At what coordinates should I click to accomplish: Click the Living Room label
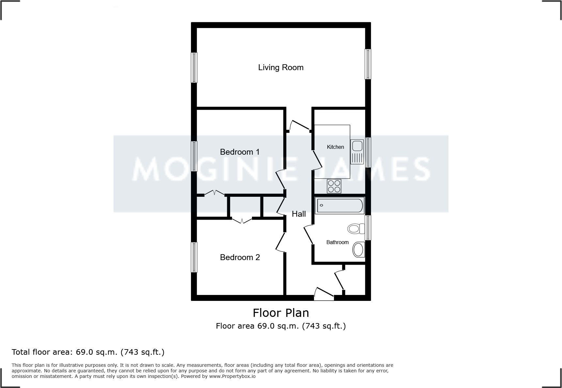click(281, 68)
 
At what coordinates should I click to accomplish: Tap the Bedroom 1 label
click(240, 152)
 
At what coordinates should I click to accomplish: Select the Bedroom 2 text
click(240, 257)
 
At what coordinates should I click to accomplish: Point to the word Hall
click(299, 214)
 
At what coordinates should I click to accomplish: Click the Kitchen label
click(335, 147)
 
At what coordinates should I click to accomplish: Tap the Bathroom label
click(337, 242)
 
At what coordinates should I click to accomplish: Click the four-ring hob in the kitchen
click(334, 186)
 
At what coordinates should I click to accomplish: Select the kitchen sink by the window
click(357, 151)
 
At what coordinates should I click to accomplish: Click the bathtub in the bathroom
click(339, 206)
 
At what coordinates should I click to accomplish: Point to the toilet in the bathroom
click(356, 228)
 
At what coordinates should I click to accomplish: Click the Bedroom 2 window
click(194, 257)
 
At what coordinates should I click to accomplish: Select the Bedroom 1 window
click(194, 156)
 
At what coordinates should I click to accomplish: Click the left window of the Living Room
click(194, 68)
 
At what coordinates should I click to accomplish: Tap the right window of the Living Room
click(368, 64)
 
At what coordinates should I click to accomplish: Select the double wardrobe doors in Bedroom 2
click(242, 220)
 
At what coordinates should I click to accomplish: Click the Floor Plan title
click(281, 313)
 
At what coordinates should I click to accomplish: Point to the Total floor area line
click(88, 352)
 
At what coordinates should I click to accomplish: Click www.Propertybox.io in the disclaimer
click(232, 376)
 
